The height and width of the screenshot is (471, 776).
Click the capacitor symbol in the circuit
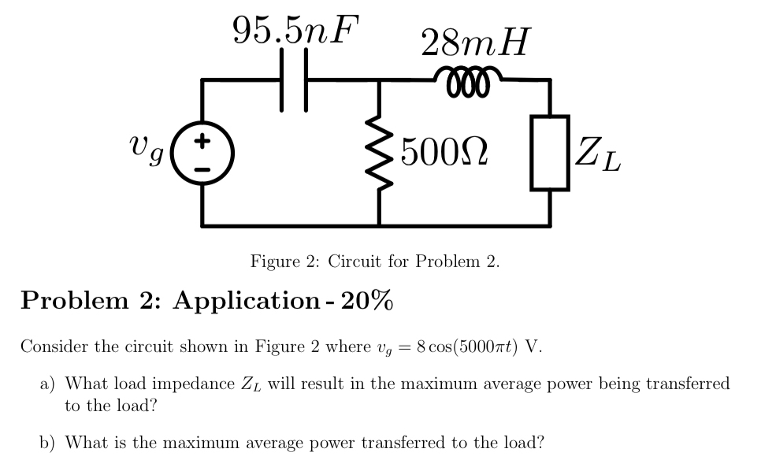click(x=293, y=79)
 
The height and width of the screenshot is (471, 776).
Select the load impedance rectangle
click(x=550, y=152)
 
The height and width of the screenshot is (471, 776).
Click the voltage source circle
click(x=202, y=153)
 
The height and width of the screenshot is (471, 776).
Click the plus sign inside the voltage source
click(x=202, y=142)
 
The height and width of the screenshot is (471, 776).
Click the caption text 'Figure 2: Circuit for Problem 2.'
click(x=375, y=261)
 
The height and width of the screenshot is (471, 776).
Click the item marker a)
click(x=48, y=384)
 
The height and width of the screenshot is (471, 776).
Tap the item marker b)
click(x=48, y=443)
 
